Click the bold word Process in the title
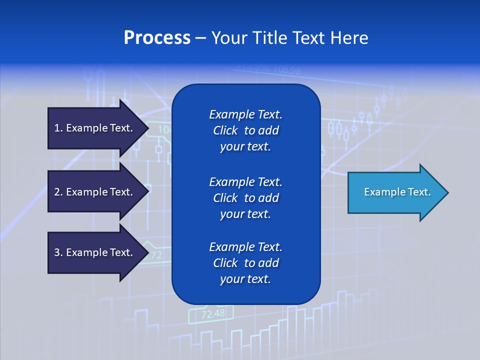coord(157,38)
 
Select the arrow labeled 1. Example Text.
coord(95,128)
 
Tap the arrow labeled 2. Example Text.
coord(95,192)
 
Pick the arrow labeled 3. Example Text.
coord(95,252)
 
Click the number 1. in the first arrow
coord(58,128)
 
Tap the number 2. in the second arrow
coord(58,192)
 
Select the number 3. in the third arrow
coord(58,252)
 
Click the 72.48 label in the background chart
coord(213,314)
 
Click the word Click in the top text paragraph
coord(225,130)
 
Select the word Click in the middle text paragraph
coord(225,198)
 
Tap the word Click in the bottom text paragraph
coord(225,263)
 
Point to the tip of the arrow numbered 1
coord(148,128)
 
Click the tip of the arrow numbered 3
coord(148,252)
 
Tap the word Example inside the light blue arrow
coord(380,192)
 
